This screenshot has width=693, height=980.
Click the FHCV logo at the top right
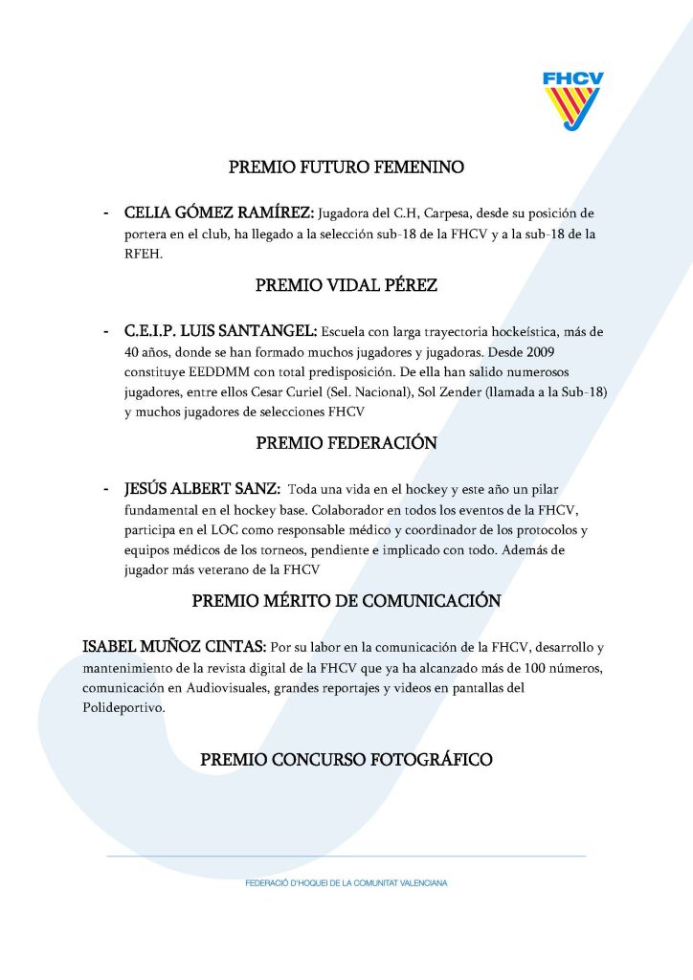point(572,100)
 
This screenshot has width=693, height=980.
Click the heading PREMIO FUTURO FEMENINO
point(346,167)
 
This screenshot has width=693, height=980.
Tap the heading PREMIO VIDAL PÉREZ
point(346,285)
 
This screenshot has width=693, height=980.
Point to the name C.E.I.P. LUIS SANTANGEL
point(220,331)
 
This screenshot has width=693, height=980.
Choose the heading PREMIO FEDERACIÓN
point(346,443)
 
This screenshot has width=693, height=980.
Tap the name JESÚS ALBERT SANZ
point(201,489)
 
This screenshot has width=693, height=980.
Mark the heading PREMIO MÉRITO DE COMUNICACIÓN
point(346,601)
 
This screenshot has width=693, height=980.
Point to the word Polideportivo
point(123,709)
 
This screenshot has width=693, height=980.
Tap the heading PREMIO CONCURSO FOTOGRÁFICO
point(346,760)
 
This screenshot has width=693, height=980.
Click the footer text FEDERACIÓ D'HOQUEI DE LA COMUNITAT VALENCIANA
point(346,883)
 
